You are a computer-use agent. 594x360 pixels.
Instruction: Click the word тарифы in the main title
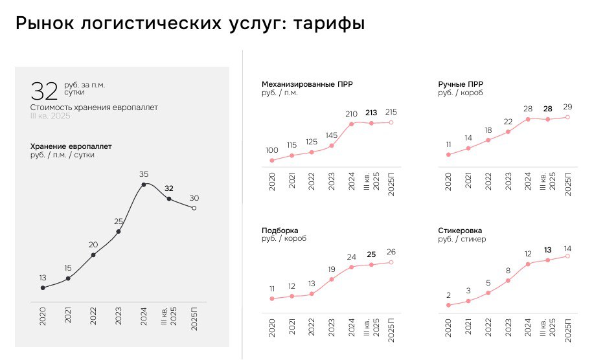tap(329, 23)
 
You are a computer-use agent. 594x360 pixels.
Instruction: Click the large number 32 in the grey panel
tap(44, 91)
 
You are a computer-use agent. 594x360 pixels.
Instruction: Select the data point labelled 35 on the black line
tap(144, 185)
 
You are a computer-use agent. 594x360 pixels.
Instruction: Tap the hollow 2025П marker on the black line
tap(194, 208)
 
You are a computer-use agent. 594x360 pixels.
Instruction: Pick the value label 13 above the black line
tap(43, 278)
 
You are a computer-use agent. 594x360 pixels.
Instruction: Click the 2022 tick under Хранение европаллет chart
tap(93, 316)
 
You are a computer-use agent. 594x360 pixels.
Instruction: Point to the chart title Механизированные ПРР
tap(307, 84)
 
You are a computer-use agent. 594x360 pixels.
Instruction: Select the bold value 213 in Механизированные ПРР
tap(371, 113)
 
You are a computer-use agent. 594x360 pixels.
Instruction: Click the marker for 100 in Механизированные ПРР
tap(272, 161)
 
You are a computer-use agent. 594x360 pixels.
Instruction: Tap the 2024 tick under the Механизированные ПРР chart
tap(352, 181)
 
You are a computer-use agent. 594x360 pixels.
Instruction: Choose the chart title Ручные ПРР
tap(461, 84)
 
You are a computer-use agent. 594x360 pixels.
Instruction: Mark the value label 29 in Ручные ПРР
tap(567, 107)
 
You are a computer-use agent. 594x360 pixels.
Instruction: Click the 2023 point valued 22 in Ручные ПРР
tap(508, 131)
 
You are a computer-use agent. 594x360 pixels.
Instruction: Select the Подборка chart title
tap(280, 231)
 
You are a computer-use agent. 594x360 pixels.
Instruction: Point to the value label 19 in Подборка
tap(332, 269)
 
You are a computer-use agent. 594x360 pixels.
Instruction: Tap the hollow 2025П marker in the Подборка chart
tap(391, 262)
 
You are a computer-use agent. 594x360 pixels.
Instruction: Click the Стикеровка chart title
tap(460, 231)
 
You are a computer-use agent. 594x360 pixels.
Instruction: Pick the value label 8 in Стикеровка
tap(508, 271)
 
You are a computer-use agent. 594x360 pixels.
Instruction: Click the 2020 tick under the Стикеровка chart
tap(448, 328)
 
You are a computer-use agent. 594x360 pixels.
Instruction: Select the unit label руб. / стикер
tap(462, 239)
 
